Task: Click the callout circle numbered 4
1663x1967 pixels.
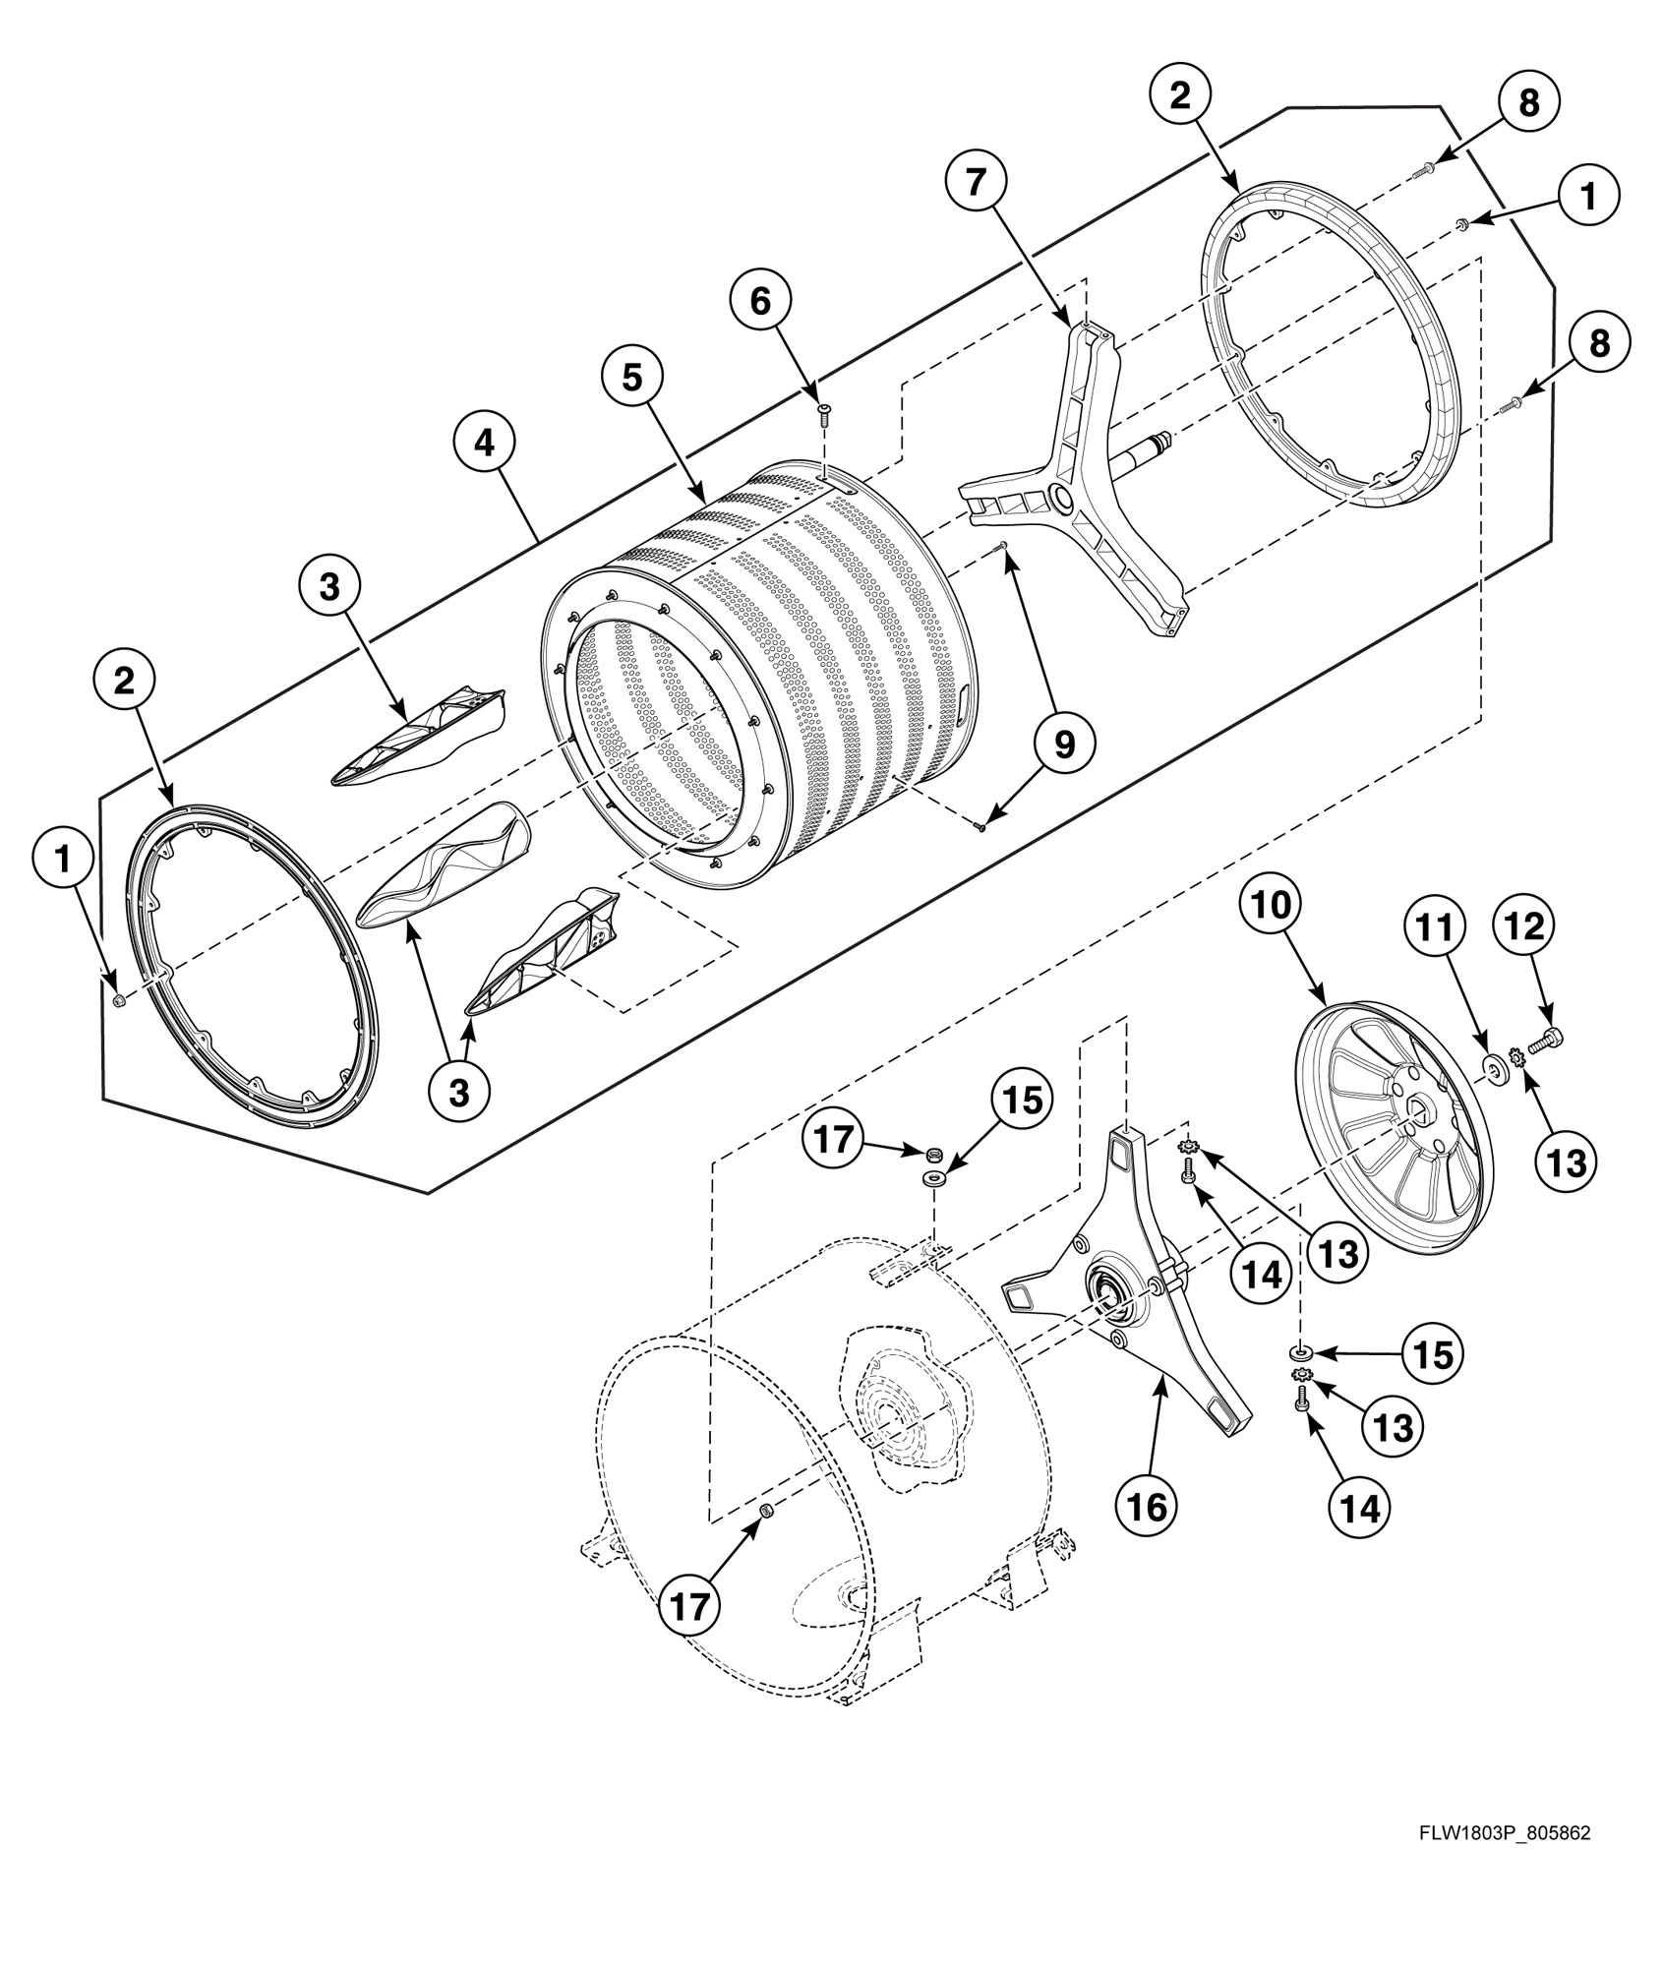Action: [x=483, y=445]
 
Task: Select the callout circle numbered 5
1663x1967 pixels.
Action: [x=629, y=378]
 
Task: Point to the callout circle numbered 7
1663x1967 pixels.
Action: [x=975, y=183]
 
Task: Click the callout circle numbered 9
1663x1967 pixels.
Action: [x=1065, y=745]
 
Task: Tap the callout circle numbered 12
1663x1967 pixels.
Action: [x=1524, y=926]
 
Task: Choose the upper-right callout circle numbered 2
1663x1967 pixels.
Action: [x=1179, y=95]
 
